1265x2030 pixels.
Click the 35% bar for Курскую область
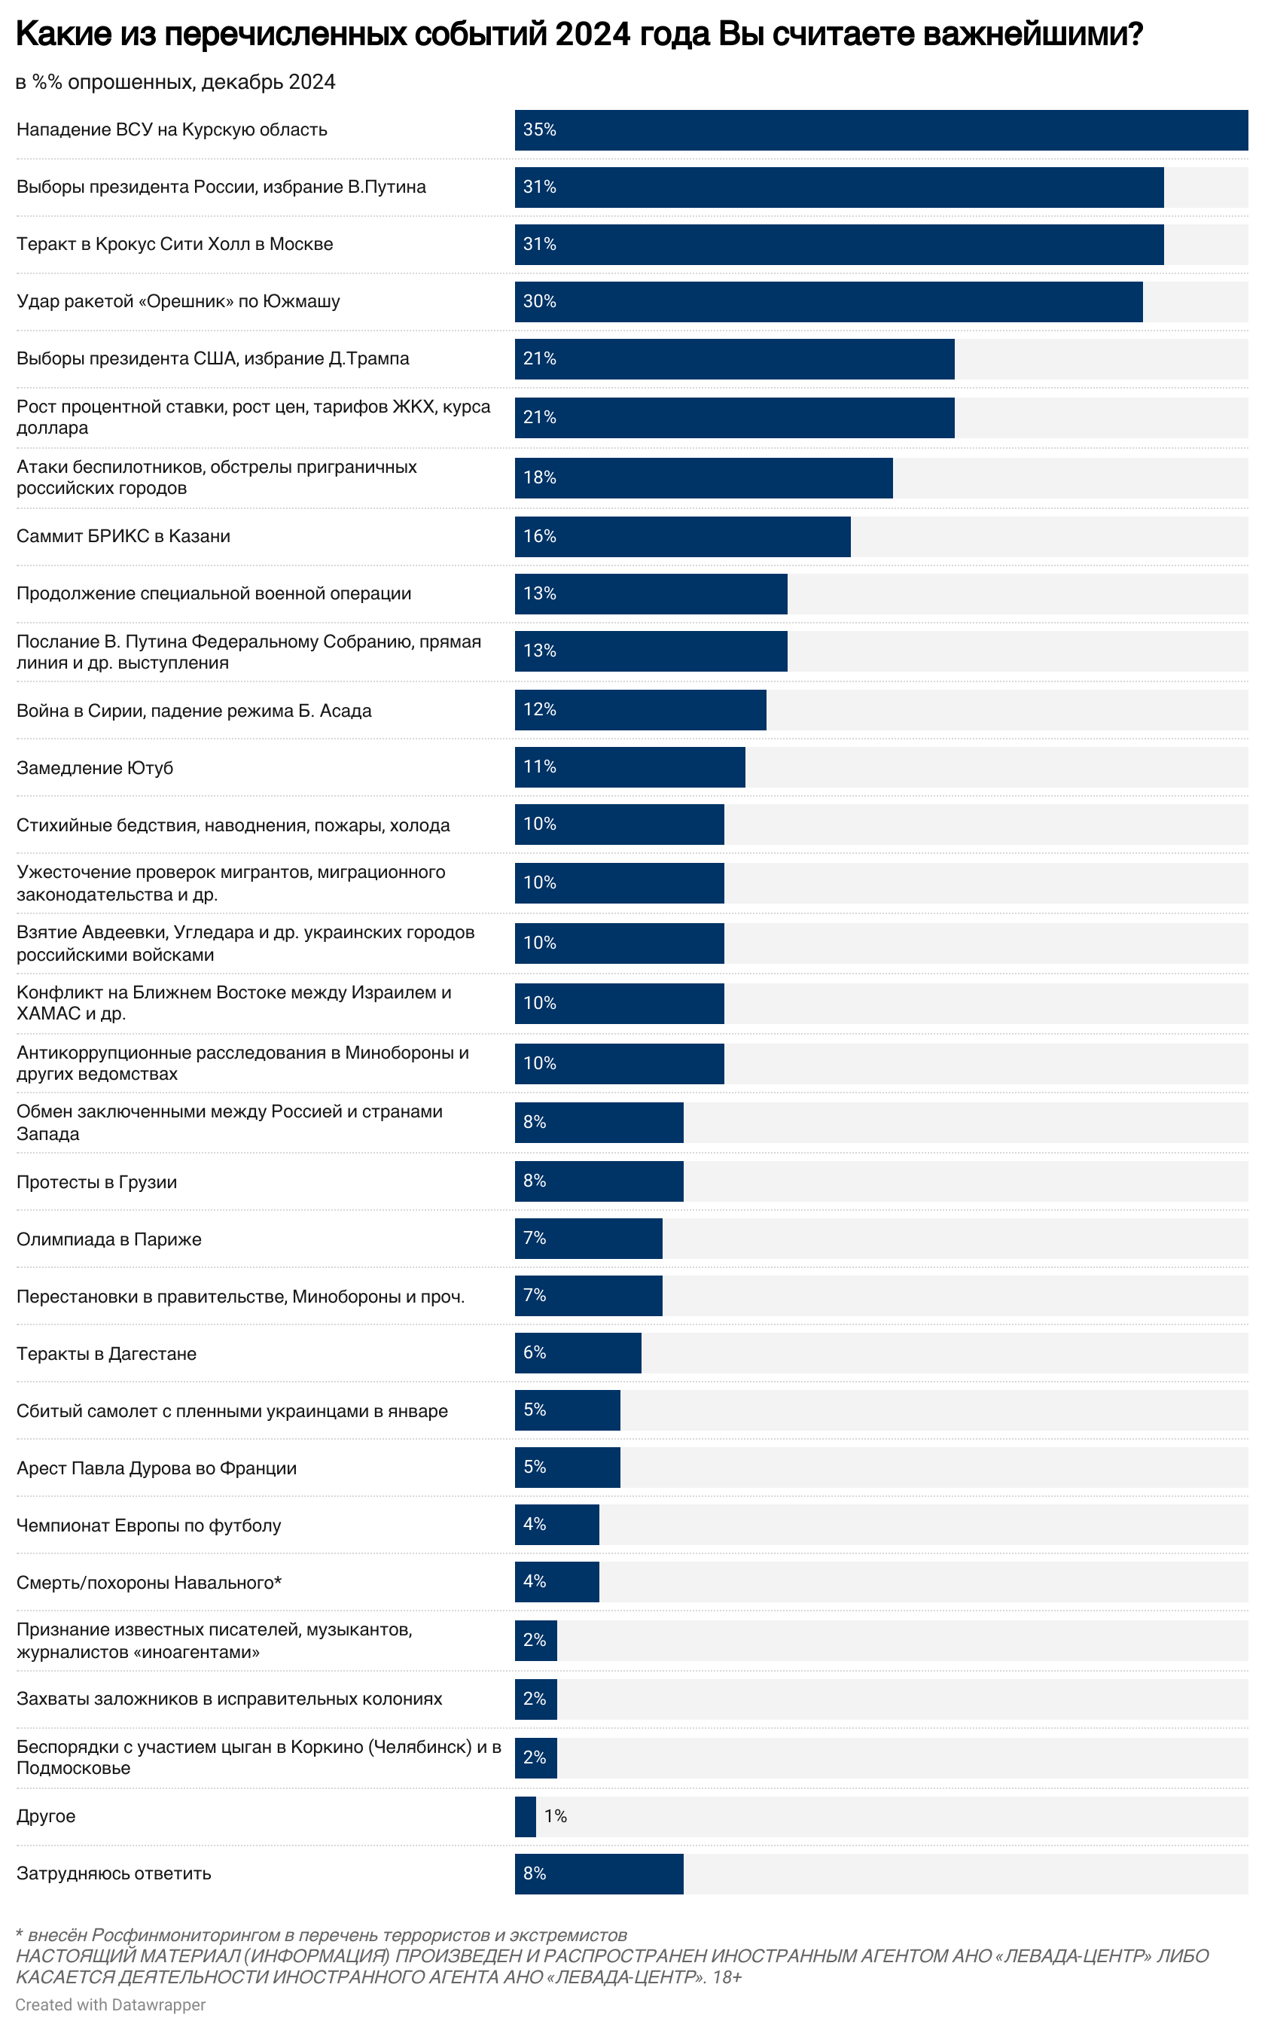[x=880, y=130]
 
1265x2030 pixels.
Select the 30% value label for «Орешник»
[x=540, y=301]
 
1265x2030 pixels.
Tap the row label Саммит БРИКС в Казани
[x=123, y=536]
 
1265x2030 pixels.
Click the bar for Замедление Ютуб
[x=629, y=767]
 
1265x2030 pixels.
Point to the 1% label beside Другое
[x=556, y=1816]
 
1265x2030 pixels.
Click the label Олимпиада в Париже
[x=108, y=1239]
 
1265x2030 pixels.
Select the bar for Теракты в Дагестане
[x=578, y=1352]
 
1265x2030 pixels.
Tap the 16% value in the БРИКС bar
[x=540, y=536]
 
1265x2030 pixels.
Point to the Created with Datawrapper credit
[x=111, y=2005]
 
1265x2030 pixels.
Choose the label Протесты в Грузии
[x=97, y=1182]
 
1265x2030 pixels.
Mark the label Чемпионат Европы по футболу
[x=149, y=1525]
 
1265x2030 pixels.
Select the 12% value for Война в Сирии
[x=540, y=709]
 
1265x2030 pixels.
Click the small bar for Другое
[x=526, y=1816]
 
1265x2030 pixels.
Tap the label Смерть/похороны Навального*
[x=149, y=1582]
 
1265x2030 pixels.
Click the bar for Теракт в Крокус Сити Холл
[x=838, y=244]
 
